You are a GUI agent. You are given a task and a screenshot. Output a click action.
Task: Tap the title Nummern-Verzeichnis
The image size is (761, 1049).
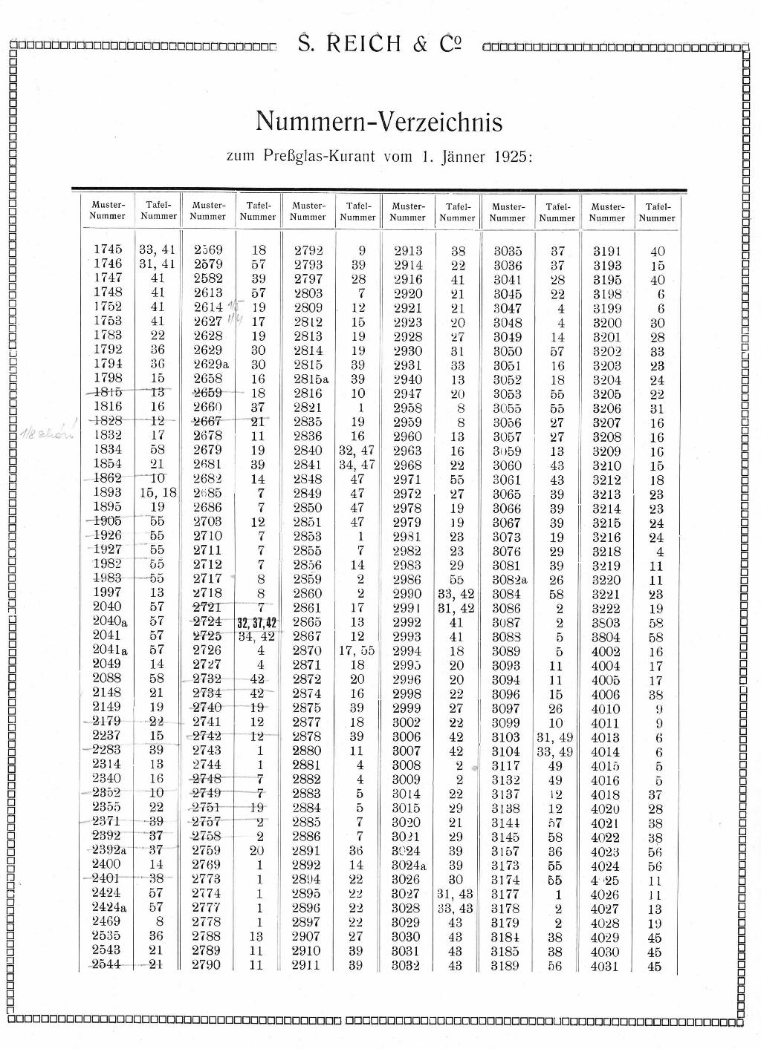(x=379, y=121)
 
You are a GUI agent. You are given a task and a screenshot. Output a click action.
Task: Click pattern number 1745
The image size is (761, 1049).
(x=109, y=250)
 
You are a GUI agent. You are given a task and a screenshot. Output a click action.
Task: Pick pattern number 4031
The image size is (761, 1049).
(x=605, y=966)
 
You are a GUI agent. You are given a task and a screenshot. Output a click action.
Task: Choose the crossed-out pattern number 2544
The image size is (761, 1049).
(x=107, y=964)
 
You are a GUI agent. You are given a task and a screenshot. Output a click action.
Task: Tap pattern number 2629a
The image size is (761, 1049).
(x=210, y=365)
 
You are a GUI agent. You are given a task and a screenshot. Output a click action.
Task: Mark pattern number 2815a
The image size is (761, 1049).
(x=310, y=379)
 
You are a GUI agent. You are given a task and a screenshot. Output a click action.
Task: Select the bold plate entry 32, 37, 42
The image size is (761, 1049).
(x=257, y=623)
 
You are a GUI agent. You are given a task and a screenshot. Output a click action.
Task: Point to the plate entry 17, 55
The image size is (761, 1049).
(x=357, y=651)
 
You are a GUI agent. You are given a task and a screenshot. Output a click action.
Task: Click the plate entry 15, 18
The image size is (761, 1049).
(x=158, y=493)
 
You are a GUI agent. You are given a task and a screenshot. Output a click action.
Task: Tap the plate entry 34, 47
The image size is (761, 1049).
(x=357, y=465)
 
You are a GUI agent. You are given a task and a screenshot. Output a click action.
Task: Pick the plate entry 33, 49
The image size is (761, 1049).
(x=554, y=751)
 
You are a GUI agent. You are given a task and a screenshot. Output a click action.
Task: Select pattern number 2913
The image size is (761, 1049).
(x=407, y=250)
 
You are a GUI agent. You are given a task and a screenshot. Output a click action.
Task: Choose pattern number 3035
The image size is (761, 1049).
(x=508, y=250)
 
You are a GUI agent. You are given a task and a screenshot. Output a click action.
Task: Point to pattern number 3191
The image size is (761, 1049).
(x=607, y=251)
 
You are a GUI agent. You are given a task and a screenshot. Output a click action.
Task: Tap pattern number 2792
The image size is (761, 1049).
(x=308, y=250)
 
